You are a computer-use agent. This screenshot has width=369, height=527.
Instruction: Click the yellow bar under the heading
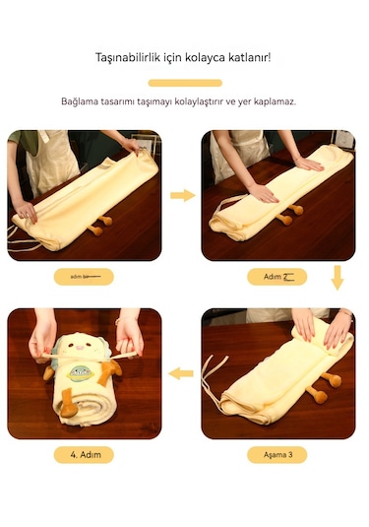pyautogui.click(x=184, y=83)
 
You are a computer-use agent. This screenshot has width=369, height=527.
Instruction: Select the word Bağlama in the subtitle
pyautogui.click(x=79, y=101)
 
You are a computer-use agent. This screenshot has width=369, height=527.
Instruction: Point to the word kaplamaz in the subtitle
pyautogui.click(x=276, y=101)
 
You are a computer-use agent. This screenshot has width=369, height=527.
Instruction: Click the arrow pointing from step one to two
pyautogui.click(x=182, y=196)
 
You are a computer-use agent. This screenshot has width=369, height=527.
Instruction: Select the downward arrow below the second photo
pyautogui.click(x=338, y=278)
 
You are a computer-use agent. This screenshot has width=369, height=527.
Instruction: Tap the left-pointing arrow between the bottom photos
pyautogui.click(x=181, y=373)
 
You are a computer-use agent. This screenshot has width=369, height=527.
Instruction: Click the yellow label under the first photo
pyautogui.click(x=84, y=277)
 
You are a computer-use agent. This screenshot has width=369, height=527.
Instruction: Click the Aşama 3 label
pyautogui.click(x=278, y=455)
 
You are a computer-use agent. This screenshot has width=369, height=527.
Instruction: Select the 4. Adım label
pyautogui.click(x=84, y=455)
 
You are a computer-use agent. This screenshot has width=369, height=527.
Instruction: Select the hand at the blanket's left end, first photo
pyautogui.click(x=27, y=209)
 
